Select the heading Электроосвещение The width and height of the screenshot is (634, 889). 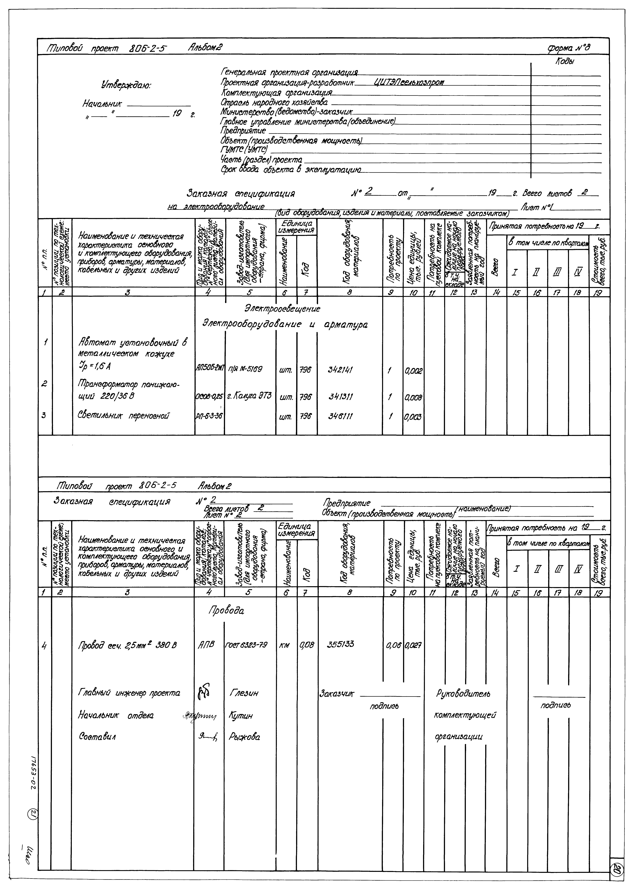pos(282,309)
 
